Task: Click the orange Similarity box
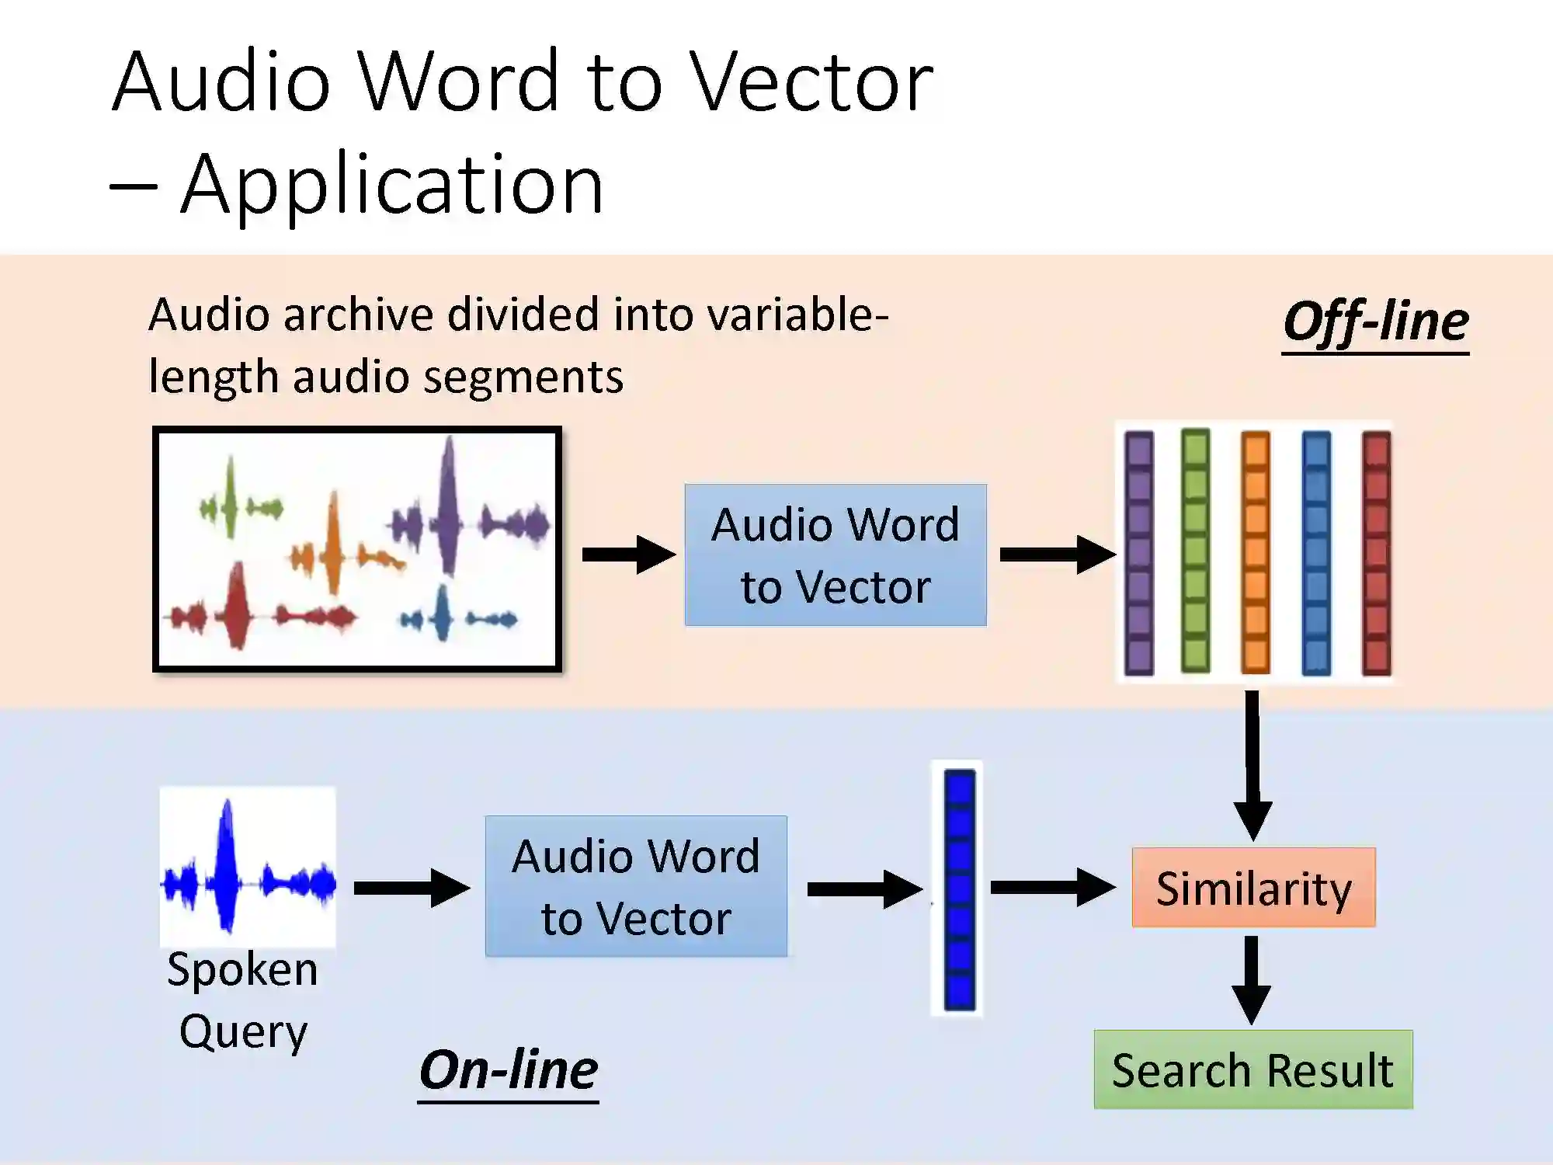coord(1253,887)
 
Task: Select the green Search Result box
coord(1252,1069)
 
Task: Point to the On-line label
coord(509,1069)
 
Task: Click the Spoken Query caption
coord(243,1000)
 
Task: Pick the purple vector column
coord(1139,552)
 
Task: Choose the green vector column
coord(1195,551)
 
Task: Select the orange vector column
coord(1255,552)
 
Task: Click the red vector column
coord(1376,552)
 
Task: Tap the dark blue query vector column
coord(959,889)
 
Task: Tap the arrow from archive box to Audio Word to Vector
coord(628,554)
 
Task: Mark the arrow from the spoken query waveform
coord(411,888)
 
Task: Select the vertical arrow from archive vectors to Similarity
coord(1252,765)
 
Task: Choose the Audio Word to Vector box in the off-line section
coord(836,555)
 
